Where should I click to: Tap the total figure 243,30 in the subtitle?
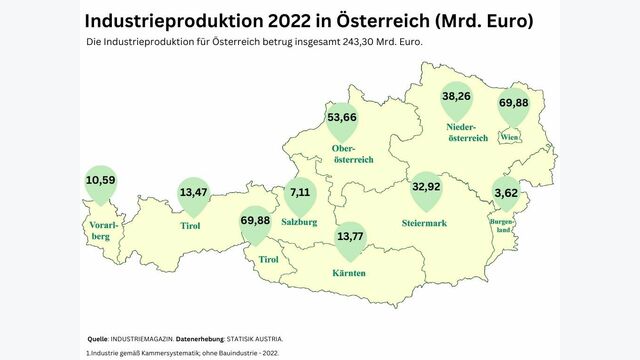point(373,43)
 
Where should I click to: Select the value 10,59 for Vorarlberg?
point(100,180)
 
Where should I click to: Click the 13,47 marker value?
point(193,192)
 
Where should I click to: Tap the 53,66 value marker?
point(342,117)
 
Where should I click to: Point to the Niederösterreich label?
point(467,133)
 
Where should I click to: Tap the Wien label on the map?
point(509,136)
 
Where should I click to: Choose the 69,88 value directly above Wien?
point(514,103)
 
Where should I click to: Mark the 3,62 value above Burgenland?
point(506,192)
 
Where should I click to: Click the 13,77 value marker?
point(350,237)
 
